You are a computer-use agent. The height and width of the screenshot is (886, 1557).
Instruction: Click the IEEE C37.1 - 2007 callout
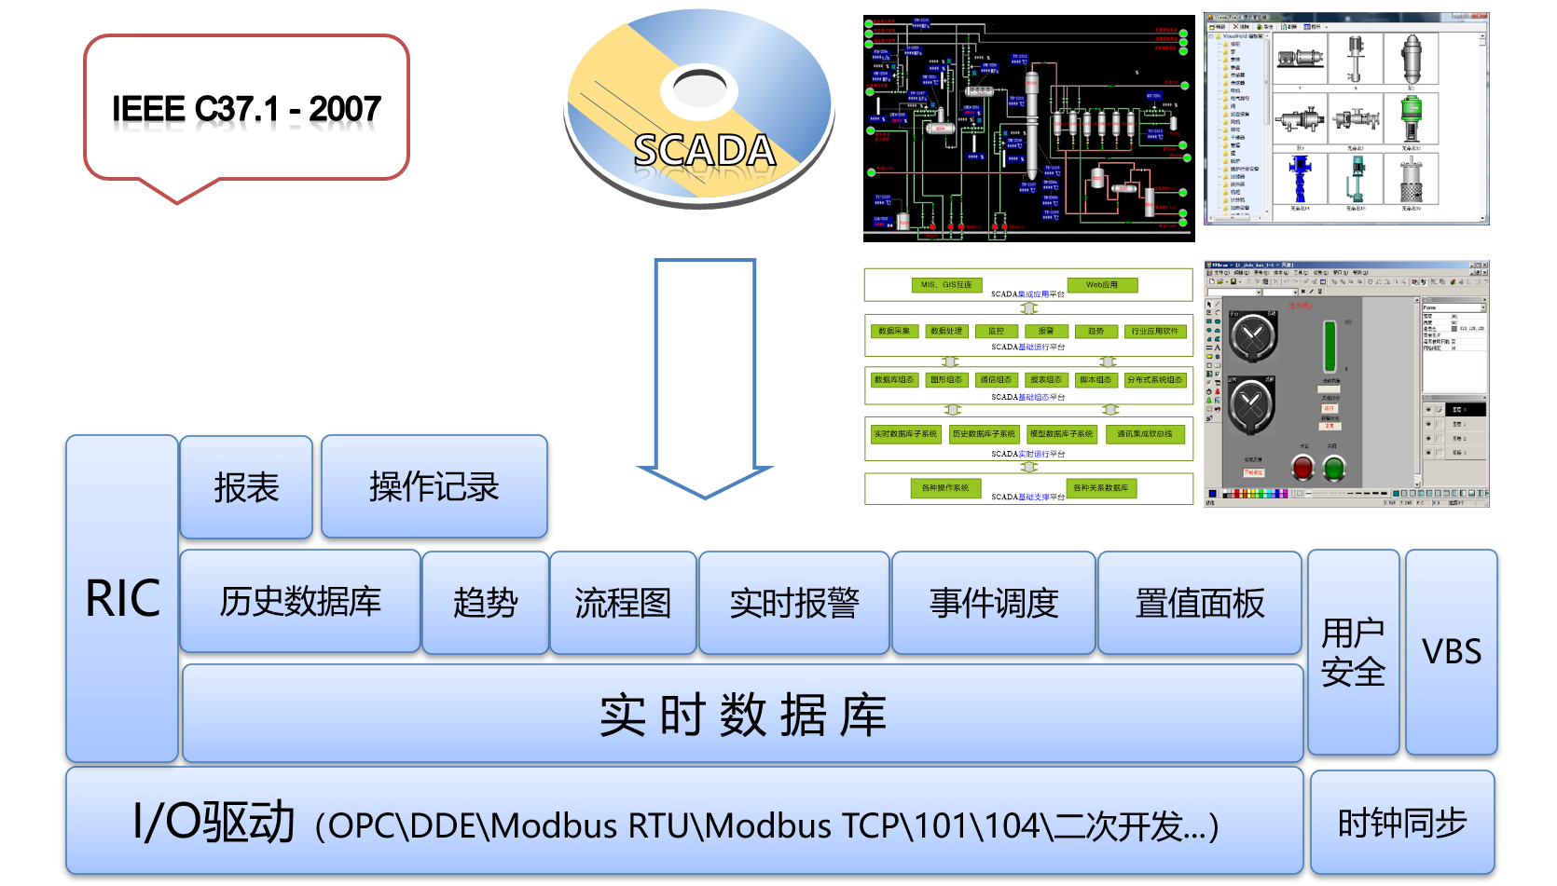point(246,108)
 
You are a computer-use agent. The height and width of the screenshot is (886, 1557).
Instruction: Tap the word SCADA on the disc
point(704,150)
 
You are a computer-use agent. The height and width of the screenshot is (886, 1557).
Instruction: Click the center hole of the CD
point(699,89)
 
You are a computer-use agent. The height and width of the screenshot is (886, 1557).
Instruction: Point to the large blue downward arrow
point(705,373)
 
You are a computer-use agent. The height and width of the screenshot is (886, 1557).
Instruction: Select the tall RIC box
point(122,598)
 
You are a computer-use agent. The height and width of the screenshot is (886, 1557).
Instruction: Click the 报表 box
point(246,487)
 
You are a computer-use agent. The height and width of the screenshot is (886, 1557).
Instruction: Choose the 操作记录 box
point(434,487)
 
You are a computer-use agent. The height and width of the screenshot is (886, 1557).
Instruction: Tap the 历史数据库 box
point(300,602)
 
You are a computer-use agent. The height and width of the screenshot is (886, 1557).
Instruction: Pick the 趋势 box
point(485,603)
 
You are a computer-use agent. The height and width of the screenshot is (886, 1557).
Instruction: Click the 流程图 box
point(623,603)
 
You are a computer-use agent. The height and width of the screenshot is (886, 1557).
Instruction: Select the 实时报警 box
point(794,603)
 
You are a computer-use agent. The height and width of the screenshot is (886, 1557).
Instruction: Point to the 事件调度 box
point(994,603)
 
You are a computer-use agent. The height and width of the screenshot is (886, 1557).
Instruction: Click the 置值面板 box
point(1200,603)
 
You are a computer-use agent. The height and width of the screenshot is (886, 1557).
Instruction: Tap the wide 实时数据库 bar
point(742,715)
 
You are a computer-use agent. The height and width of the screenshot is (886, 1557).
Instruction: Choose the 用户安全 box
point(1353,652)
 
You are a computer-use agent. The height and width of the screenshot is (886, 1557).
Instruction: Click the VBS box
point(1452,652)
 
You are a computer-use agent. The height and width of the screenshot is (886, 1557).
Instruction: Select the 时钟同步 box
point(1402,824)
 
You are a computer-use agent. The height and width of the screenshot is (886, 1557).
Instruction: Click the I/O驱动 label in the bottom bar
point(214,823)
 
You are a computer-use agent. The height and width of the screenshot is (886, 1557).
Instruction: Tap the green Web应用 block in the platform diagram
point(1101,285)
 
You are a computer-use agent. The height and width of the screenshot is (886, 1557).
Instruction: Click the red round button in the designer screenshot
point(1302,469)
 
